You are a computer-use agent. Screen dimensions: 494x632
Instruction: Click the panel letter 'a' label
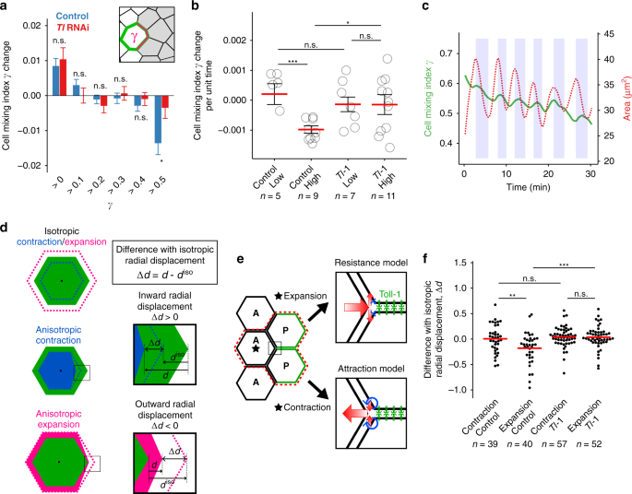pyautogui.click(x=6, y=6)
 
